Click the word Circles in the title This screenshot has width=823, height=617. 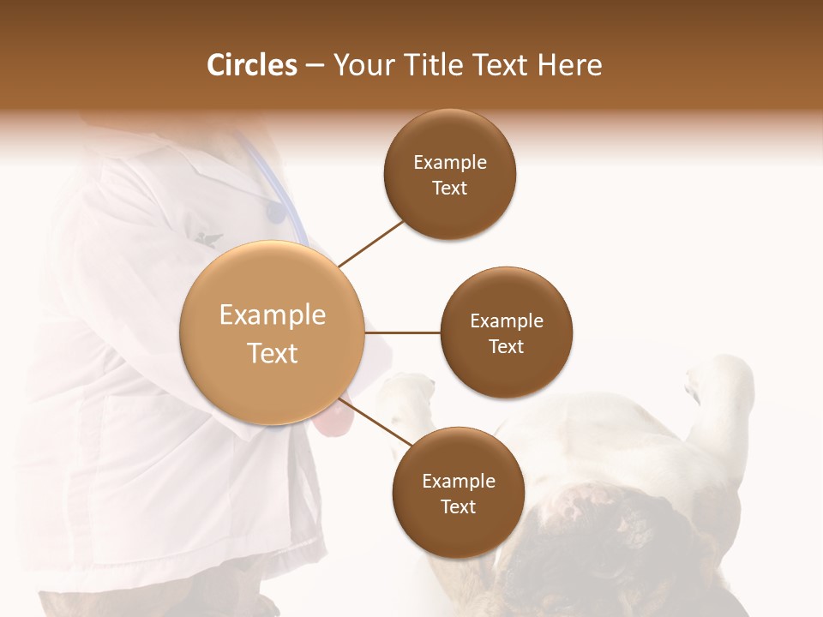tap(251, 65)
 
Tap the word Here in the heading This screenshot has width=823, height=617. tap(569, 65)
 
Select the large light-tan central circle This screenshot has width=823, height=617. tap(272, 332)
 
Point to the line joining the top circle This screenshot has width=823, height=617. tap(370, 243)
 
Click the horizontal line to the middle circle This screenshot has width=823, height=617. tap(403, 332)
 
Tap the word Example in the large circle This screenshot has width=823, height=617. tap(272, 315)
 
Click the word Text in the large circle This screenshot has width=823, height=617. tap(272, 353)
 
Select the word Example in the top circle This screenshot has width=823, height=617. tap(450, 162)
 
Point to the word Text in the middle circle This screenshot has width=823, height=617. tap(506, 346)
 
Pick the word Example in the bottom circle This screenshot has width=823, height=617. tap(459, 481)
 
